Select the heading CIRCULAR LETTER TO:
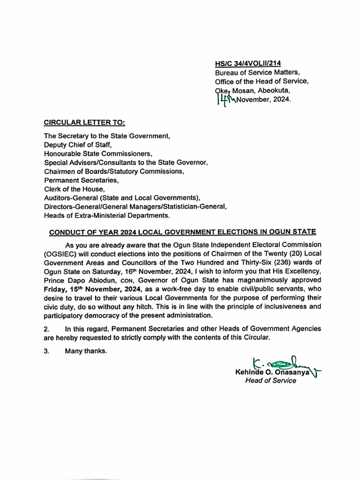click(84, 123)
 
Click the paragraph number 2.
click(46, 330)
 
